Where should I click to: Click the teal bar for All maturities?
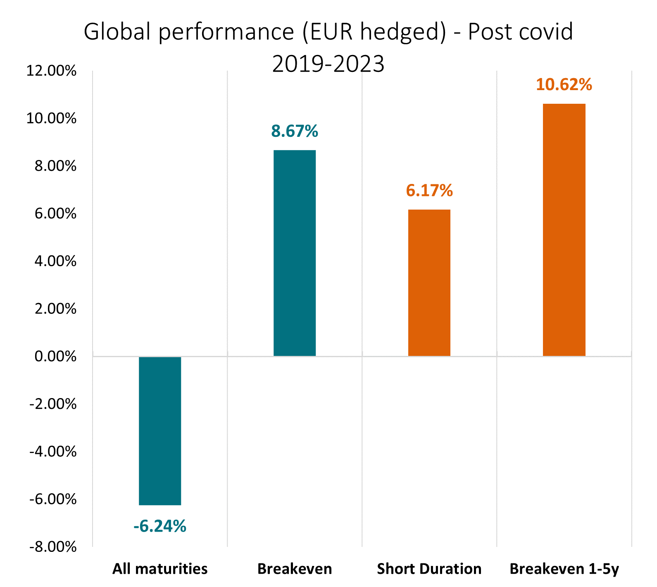pos(160,430)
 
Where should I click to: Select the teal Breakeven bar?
pos(295,253)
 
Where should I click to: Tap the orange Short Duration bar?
pos(429,283)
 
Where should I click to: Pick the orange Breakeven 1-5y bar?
pos(564,230)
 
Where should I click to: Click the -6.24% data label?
pos(160,526)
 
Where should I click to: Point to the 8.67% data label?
pos(295,131)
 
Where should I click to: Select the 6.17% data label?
pos(429,191)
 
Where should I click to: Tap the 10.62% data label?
pos(564,85)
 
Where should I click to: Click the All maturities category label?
pos(160,569)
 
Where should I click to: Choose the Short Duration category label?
pos(429,569)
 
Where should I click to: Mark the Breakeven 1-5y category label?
pos(564,569)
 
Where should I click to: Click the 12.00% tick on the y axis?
pos(52,71)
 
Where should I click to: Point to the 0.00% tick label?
pos(55,356)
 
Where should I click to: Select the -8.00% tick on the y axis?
pos(53,547)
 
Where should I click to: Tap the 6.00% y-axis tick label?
pos(55,214)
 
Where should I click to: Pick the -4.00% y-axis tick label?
pos(53,452)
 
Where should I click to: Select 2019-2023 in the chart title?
pos(328,64)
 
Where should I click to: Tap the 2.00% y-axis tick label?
pos(55,309)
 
